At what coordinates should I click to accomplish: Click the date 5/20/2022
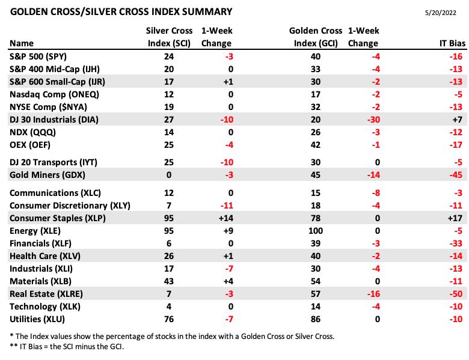(x=440, y=13)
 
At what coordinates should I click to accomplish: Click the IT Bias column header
(x=452, y=43)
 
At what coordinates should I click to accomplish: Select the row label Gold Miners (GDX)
(x=48, y=175)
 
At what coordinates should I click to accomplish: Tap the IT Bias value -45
(x=456, y=175)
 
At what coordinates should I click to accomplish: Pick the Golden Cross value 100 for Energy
(x=316, y=231)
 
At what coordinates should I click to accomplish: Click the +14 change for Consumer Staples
(x=226, y=218)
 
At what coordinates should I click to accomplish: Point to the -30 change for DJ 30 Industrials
(x=373, y=120)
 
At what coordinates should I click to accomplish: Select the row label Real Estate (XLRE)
(x=46, y=294)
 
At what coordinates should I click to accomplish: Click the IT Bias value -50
(x=456, y=294)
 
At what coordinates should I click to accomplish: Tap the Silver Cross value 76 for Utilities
(x=169, y=319)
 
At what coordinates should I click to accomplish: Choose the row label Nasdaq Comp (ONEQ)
(x=54, y=94)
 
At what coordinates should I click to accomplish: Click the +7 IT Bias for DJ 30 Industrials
(x=458, y=120)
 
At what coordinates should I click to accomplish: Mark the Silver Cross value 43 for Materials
(x=169, y=281)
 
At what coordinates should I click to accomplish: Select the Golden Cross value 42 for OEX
(x=316, y=145)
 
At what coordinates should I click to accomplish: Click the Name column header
(x=22, y=43)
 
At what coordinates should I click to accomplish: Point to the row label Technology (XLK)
(x=45, y=307)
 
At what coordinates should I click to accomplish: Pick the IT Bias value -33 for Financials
(x=456, y=243)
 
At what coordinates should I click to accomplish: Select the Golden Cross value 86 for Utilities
(x=316, y=319)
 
